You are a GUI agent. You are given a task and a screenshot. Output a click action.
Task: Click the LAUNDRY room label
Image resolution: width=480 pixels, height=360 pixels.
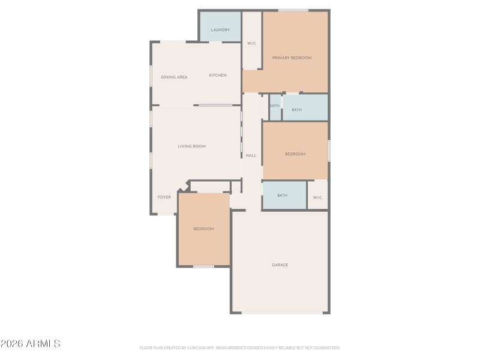(x=220, y=29)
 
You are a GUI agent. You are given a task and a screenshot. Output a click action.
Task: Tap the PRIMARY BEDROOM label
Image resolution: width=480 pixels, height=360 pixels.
(x=292, y=58)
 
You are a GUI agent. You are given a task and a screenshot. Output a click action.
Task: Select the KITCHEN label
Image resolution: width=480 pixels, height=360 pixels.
(x=217, y=75)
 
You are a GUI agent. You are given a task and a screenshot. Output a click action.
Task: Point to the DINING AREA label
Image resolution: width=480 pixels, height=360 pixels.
(x=174, y=77)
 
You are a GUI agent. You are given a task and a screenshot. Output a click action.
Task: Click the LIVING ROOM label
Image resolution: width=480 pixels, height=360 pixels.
(x=191, y=146)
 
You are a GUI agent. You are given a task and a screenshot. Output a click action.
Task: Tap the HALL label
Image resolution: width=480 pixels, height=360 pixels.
(x=251, y=155)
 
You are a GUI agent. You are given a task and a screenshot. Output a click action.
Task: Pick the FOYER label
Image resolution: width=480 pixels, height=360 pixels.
(x=164, y=197)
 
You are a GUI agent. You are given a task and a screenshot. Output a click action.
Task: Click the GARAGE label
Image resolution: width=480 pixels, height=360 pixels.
(x=280, y=265)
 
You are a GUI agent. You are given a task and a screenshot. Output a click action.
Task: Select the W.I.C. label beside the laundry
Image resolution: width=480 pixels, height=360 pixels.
(x=252, y=43)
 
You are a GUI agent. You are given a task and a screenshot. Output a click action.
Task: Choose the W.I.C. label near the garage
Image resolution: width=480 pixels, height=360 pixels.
(x=317, y=197)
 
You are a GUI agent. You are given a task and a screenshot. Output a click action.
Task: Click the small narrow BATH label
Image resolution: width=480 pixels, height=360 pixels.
(x=274, y=106)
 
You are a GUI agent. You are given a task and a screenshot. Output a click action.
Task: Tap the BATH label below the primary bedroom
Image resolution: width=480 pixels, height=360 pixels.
(x=296, y=110)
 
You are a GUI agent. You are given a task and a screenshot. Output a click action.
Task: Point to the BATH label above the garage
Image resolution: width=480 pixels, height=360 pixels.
(x=282, y=195)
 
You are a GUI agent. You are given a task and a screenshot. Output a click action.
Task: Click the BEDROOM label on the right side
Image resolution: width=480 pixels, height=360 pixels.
(x=295, y=154)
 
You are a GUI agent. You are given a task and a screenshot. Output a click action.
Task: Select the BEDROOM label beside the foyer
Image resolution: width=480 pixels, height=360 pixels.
(x=203, y=229)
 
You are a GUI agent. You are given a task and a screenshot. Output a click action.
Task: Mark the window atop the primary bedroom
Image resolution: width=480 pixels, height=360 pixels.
(x=293, y=10)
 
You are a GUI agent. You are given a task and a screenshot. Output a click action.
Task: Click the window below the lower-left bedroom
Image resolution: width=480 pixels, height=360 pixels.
(x=203, y=266)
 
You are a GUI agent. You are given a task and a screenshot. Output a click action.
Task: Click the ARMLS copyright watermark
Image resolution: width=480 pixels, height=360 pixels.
(x=30, y=344)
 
